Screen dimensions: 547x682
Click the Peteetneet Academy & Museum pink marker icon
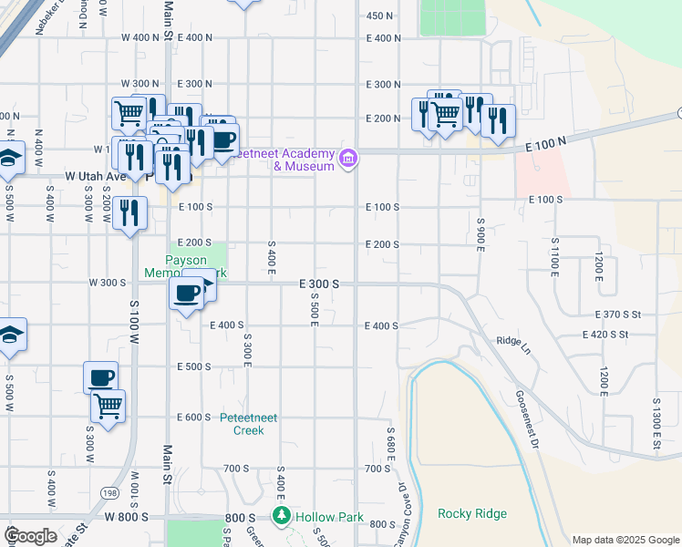click(x=347, y=160)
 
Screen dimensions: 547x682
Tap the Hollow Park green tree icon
click(x=283, y=515)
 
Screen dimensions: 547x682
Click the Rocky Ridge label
click(x=471, y=513)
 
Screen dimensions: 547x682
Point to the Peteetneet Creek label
click(x=242, y=424)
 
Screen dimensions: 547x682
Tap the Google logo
click(x=31, y=536)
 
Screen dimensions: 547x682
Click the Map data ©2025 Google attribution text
click(x=625, y=540)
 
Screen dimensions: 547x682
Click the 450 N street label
click(x=379, y=15)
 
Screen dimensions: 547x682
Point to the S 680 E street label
click(x=390, y=445)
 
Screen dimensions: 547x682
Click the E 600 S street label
click(x=193, y=417)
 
